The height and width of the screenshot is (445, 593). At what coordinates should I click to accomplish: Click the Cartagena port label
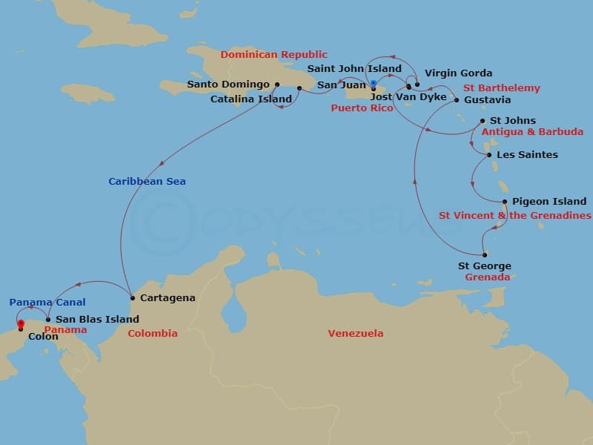coord(168,298)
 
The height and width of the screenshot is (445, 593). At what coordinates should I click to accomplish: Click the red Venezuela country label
coord(355,334)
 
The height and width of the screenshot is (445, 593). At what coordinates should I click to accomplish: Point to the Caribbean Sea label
coord(147,182)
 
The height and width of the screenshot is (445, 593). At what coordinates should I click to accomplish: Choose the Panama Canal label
coord(47,303)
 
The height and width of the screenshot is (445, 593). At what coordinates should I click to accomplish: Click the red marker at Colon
coord(21,323)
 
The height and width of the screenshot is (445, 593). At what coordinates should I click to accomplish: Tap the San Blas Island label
coord(97,320)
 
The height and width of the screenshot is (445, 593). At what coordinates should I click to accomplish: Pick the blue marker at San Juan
coord(374,82)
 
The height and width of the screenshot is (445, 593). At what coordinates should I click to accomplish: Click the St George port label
coord(484,266)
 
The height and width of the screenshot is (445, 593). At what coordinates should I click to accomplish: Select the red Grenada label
coord(487,277)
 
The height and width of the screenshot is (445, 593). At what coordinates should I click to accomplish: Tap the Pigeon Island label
coord(549,201)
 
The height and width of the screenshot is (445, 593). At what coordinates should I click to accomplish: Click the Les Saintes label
coord(527,155)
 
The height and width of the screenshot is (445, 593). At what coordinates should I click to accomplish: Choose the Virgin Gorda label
coord(458,73)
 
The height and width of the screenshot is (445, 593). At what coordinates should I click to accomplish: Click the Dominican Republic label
coord(274,55)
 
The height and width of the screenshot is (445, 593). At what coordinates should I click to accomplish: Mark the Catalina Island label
coord(251,99)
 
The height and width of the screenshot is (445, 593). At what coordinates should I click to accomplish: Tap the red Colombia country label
coord(153,334)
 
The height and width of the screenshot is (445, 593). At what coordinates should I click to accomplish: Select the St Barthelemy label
coord(502,88)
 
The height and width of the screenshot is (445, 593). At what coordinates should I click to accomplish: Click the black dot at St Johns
coord(483,121)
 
